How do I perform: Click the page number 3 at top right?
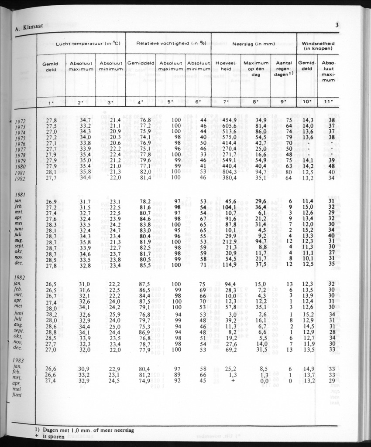[337, 25]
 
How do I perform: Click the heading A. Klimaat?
[24, 29]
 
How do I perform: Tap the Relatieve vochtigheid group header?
[168, 43]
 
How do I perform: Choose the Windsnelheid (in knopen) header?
[318, 45]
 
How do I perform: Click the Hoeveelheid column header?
[226, 66]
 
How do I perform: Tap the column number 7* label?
[226, 103]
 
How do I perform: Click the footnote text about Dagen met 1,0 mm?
[87, 430]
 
